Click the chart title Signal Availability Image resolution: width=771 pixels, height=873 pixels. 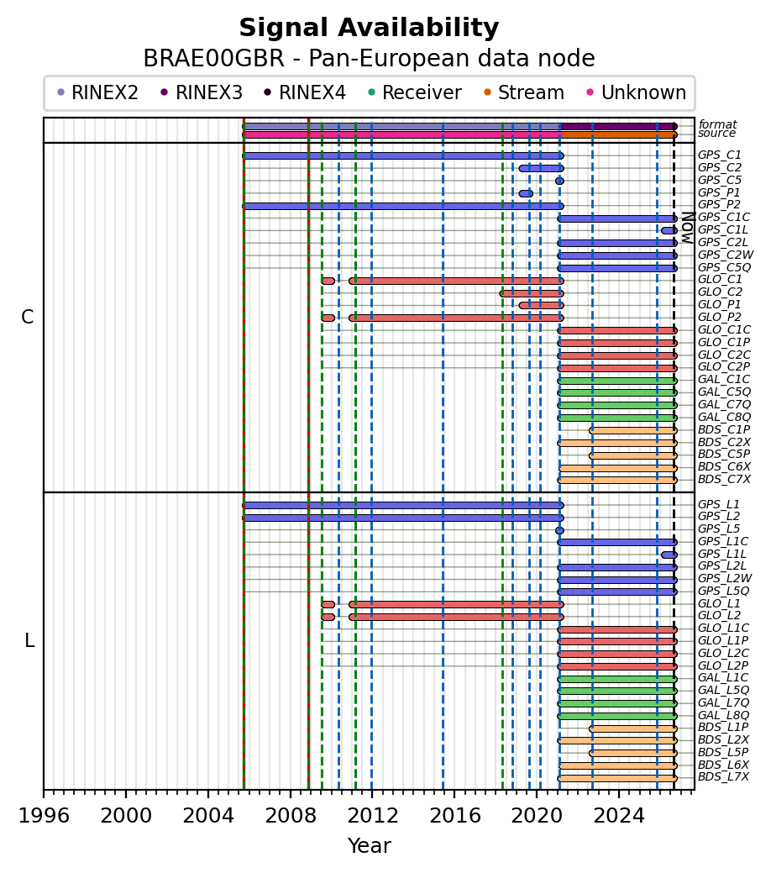tap(369, 28)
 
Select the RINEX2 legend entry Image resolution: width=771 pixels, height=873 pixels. tap(98, 92)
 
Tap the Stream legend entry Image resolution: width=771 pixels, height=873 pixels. tap(524, 92)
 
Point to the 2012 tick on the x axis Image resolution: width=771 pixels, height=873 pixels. tap(372, 790)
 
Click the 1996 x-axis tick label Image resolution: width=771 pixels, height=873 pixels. tap(44, 816)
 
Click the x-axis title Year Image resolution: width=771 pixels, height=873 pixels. tap(369, 846)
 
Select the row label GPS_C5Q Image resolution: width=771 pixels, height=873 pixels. tap(724, 268)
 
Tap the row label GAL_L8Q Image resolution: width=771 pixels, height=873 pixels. tap(724, 715)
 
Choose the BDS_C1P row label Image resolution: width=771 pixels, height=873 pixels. tap(724, 430)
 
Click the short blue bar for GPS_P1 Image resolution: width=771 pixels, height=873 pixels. tap(526, 194)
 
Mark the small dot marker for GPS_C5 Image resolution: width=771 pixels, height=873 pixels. tap(559, 181)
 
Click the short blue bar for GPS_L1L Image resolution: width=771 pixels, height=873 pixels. tap(669, 555)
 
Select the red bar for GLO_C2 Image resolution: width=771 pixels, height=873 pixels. tap(532, 293)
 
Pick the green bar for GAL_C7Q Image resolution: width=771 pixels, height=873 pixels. tap(617, 405)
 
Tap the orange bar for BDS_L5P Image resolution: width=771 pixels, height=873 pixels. tap(633, 754)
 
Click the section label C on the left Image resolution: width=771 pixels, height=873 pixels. tap(27, 317)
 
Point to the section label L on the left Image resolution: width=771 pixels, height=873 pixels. tap(29, 641)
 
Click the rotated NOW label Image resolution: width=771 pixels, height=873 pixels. tap(689, 228)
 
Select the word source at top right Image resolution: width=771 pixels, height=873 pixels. tap(717, 133)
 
